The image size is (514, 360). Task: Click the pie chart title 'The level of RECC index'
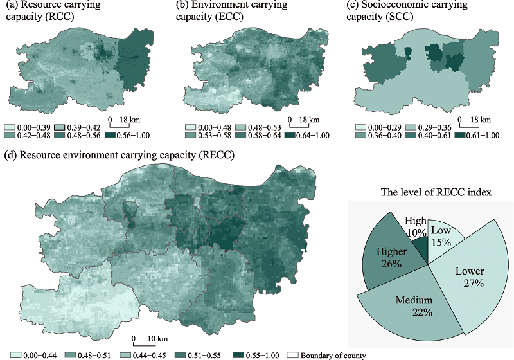click(429, 192)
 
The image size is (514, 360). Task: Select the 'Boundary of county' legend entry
click(324, 355)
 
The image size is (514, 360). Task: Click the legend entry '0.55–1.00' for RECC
click(257, 355)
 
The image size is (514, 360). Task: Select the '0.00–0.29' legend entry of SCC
click(376, 128)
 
